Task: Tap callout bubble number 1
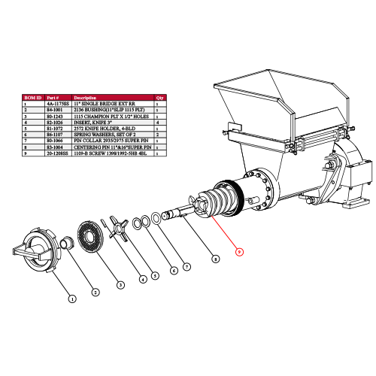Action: click(x=72, y=299)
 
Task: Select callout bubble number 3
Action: click(x=119, y=284)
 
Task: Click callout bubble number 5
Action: click(x=154, y=275)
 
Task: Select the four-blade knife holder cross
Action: click(x=117, y=229)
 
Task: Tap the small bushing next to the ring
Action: click(x=65, y=243)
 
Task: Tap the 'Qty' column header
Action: click(x=159, y=97)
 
